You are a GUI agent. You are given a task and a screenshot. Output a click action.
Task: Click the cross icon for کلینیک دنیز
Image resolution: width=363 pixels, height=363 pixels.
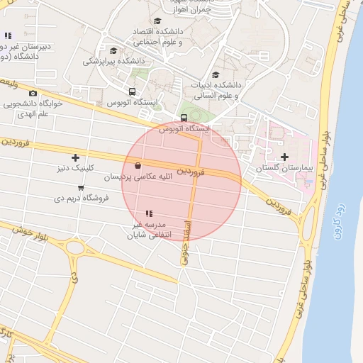(76, 157)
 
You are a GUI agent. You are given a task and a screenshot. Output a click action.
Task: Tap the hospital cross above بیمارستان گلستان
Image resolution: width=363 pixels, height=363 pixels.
(284, 157)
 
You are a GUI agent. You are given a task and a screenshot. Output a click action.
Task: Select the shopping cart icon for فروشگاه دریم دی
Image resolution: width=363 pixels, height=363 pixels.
(81, 188)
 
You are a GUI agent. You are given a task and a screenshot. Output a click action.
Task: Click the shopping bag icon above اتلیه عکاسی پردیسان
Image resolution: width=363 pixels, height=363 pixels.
(137, 166)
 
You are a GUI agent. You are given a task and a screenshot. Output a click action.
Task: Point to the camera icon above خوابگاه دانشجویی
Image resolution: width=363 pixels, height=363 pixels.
(33, 94)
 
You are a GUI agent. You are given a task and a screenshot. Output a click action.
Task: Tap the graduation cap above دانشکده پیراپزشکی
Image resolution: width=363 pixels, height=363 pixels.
(113, 50)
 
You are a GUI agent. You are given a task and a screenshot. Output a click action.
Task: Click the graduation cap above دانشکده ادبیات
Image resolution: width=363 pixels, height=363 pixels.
(216, 74)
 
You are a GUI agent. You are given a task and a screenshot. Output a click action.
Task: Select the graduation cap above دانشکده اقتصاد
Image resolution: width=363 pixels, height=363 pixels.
(157, 21)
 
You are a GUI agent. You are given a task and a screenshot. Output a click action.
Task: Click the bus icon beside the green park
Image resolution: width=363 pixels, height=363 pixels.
(184, 118)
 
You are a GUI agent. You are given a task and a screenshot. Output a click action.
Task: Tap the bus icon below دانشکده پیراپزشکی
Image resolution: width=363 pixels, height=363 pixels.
(132, 91)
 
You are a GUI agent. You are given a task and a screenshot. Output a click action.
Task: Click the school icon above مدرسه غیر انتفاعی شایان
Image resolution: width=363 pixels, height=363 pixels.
(149, 213)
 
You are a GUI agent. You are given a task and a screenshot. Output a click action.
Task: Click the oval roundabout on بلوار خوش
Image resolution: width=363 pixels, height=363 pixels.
(76, 248)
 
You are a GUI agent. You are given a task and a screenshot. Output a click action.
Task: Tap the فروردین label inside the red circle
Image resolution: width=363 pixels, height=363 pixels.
(191, 171)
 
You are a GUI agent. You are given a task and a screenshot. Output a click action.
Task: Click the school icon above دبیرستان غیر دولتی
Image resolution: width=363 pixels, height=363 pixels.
(8, 35)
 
